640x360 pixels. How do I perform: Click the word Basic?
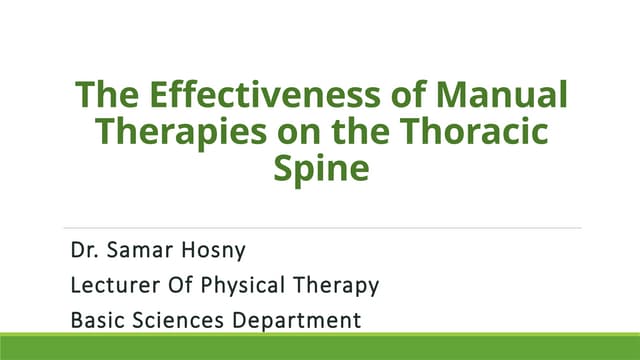[98, 321]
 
